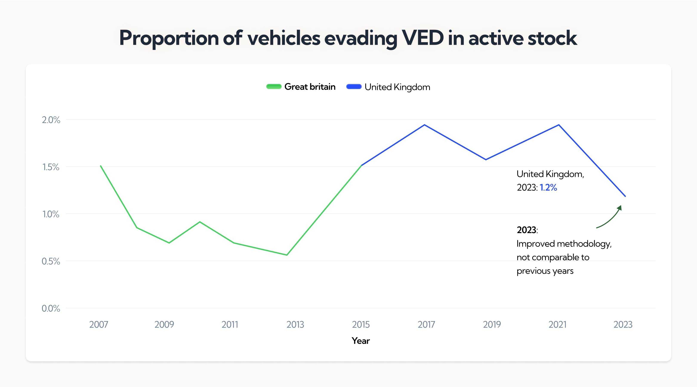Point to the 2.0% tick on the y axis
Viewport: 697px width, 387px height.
pyautogui.click(x=51, y=120)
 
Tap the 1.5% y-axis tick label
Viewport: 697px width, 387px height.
pyautogui.click(x=51, y=167)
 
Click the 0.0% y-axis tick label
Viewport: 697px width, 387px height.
pyautogui.click(x=51, y=308)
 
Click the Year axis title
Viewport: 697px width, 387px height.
pyautogui.click(x=360, y=341)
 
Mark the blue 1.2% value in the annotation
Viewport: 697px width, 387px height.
pyautogui.click(x=548, y=187)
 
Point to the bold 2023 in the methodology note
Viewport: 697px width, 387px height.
pyautogui.click(x=526, y=230)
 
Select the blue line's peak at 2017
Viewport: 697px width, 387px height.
pyautogui.click(x=424, y=125)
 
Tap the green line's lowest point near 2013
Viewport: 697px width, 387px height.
pyautogui.click(x=287, y=255)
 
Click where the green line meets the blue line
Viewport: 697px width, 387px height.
pyautogui.click(x=361, y=165)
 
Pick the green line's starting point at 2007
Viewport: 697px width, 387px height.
pyautogui.click(x=100, y=166)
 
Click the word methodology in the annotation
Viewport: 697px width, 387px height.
pyautogui.click(x=584, y=244)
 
